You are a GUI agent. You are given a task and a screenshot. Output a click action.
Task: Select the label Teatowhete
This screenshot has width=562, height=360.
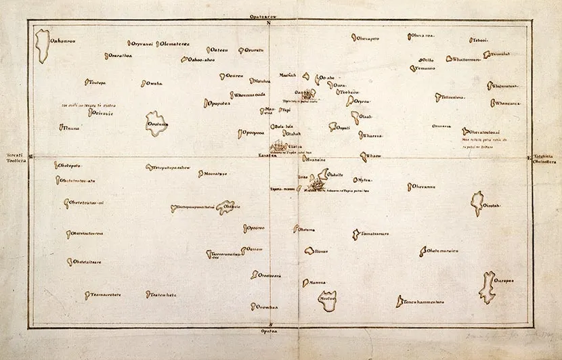[x=163, y=294]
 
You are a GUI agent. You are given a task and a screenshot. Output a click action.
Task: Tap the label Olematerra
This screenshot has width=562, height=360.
[x=175, y=45]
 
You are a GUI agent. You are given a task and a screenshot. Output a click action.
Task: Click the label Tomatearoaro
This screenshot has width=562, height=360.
[x=374, y=234]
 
